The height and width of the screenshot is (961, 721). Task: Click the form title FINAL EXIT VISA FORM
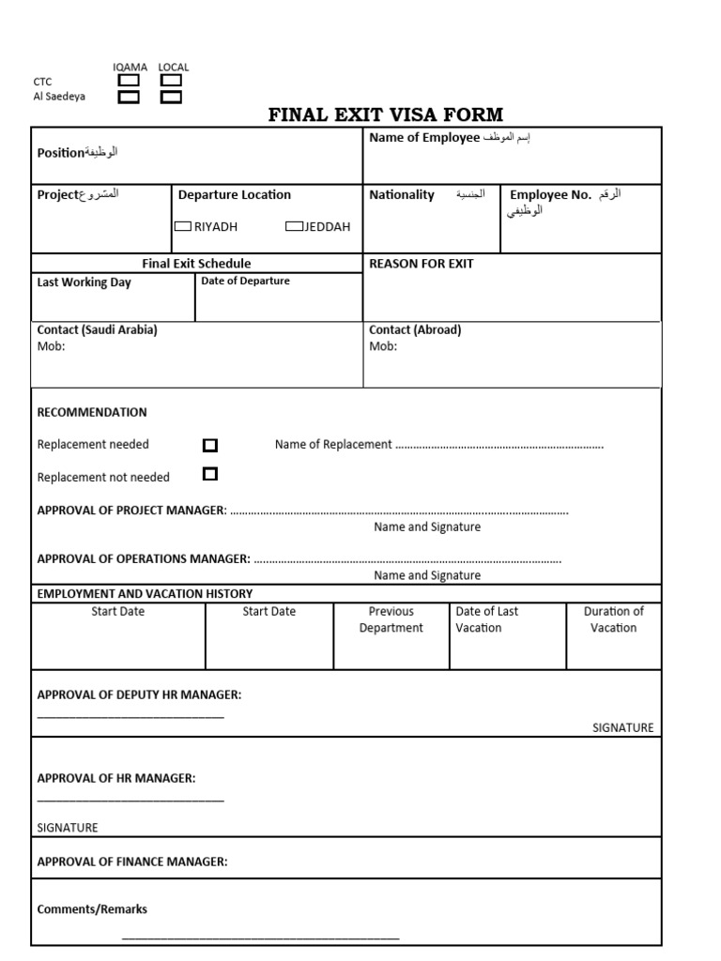tap(386, 115)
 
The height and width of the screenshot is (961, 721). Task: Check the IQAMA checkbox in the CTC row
tap(129, 81)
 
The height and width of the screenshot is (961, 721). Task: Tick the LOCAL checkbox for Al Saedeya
tap(171, 97)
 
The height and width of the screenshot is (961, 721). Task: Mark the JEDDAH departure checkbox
tap(294, 226)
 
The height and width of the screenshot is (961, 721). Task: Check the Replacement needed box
tap(210, 445)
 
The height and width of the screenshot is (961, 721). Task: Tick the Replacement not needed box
tap(210, 474)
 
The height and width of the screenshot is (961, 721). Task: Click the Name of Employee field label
tap(424, 139)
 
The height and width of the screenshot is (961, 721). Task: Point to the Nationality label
tap(402, 195)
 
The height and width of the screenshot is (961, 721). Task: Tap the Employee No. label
tap(550, 195)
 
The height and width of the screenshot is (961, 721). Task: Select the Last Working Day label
tap(84, 282)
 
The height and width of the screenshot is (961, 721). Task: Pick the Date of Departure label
tap(245, 281)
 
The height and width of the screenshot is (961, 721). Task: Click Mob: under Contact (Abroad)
tap(383, 346)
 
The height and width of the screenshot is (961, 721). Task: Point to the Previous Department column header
tap(391, 619)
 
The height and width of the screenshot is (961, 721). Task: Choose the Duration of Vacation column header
tap(613, 619)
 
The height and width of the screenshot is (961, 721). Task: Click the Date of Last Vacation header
tap(486, 619)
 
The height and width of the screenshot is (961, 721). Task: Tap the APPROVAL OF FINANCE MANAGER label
tap(132, 861)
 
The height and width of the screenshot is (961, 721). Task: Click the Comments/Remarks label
tap(92, 908)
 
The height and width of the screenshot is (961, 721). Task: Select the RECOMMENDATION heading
tap(92, 412)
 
